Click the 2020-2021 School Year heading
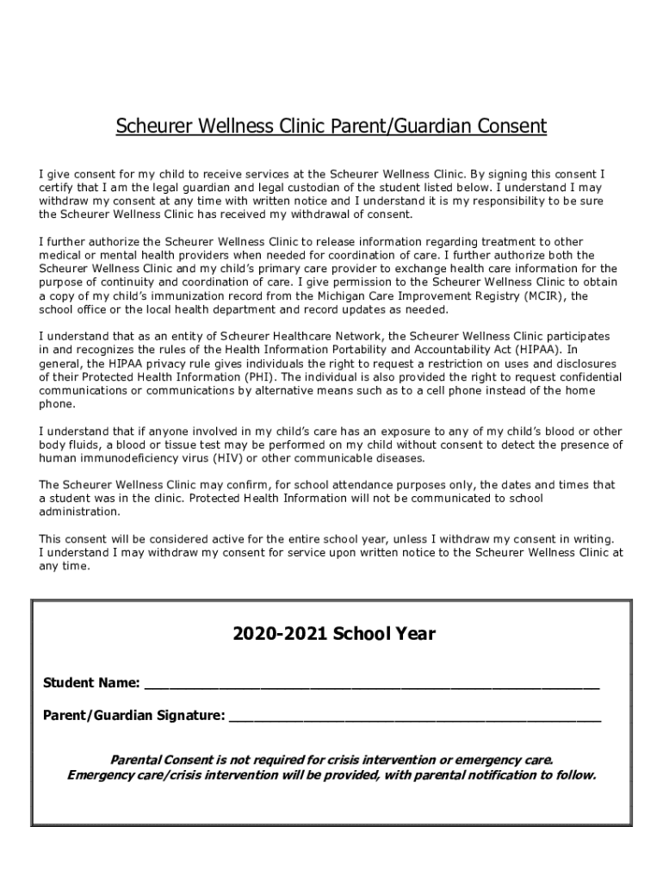[334, 635]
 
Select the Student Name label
[91, 683]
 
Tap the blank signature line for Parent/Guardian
[414, 717]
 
